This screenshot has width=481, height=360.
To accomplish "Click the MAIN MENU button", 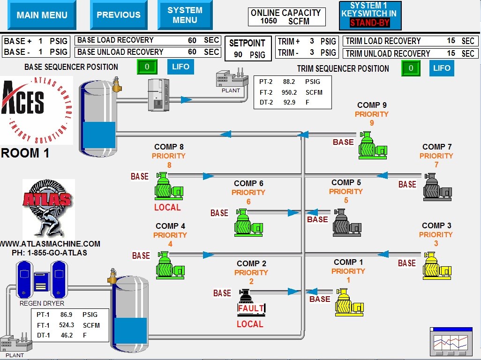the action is coord(42,15).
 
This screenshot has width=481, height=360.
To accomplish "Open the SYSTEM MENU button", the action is coord(185,15).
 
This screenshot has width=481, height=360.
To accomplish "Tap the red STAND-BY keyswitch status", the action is coord(369,22).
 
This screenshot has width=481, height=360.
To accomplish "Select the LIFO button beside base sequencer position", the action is coord(180,67).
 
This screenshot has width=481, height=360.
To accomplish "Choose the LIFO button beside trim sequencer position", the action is coord(442,68).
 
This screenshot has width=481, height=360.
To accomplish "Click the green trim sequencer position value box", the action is coord(411,68).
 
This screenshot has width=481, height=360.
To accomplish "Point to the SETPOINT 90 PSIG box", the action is coord(248,48).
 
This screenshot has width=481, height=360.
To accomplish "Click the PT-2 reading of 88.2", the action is coord(289,82).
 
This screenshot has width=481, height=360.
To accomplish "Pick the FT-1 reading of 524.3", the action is coord(67,325).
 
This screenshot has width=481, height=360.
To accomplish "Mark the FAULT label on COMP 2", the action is coord(251,308).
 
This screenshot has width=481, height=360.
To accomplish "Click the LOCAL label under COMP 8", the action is coord(167,208).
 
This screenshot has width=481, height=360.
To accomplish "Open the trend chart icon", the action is coord(451,342).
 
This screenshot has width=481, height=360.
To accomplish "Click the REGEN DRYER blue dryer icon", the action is coord(42,279).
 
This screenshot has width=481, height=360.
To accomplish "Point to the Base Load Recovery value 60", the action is coord(192,40).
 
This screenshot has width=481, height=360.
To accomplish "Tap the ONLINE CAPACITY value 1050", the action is coord(269,21).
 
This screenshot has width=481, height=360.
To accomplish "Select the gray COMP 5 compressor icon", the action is coord(347,223).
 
